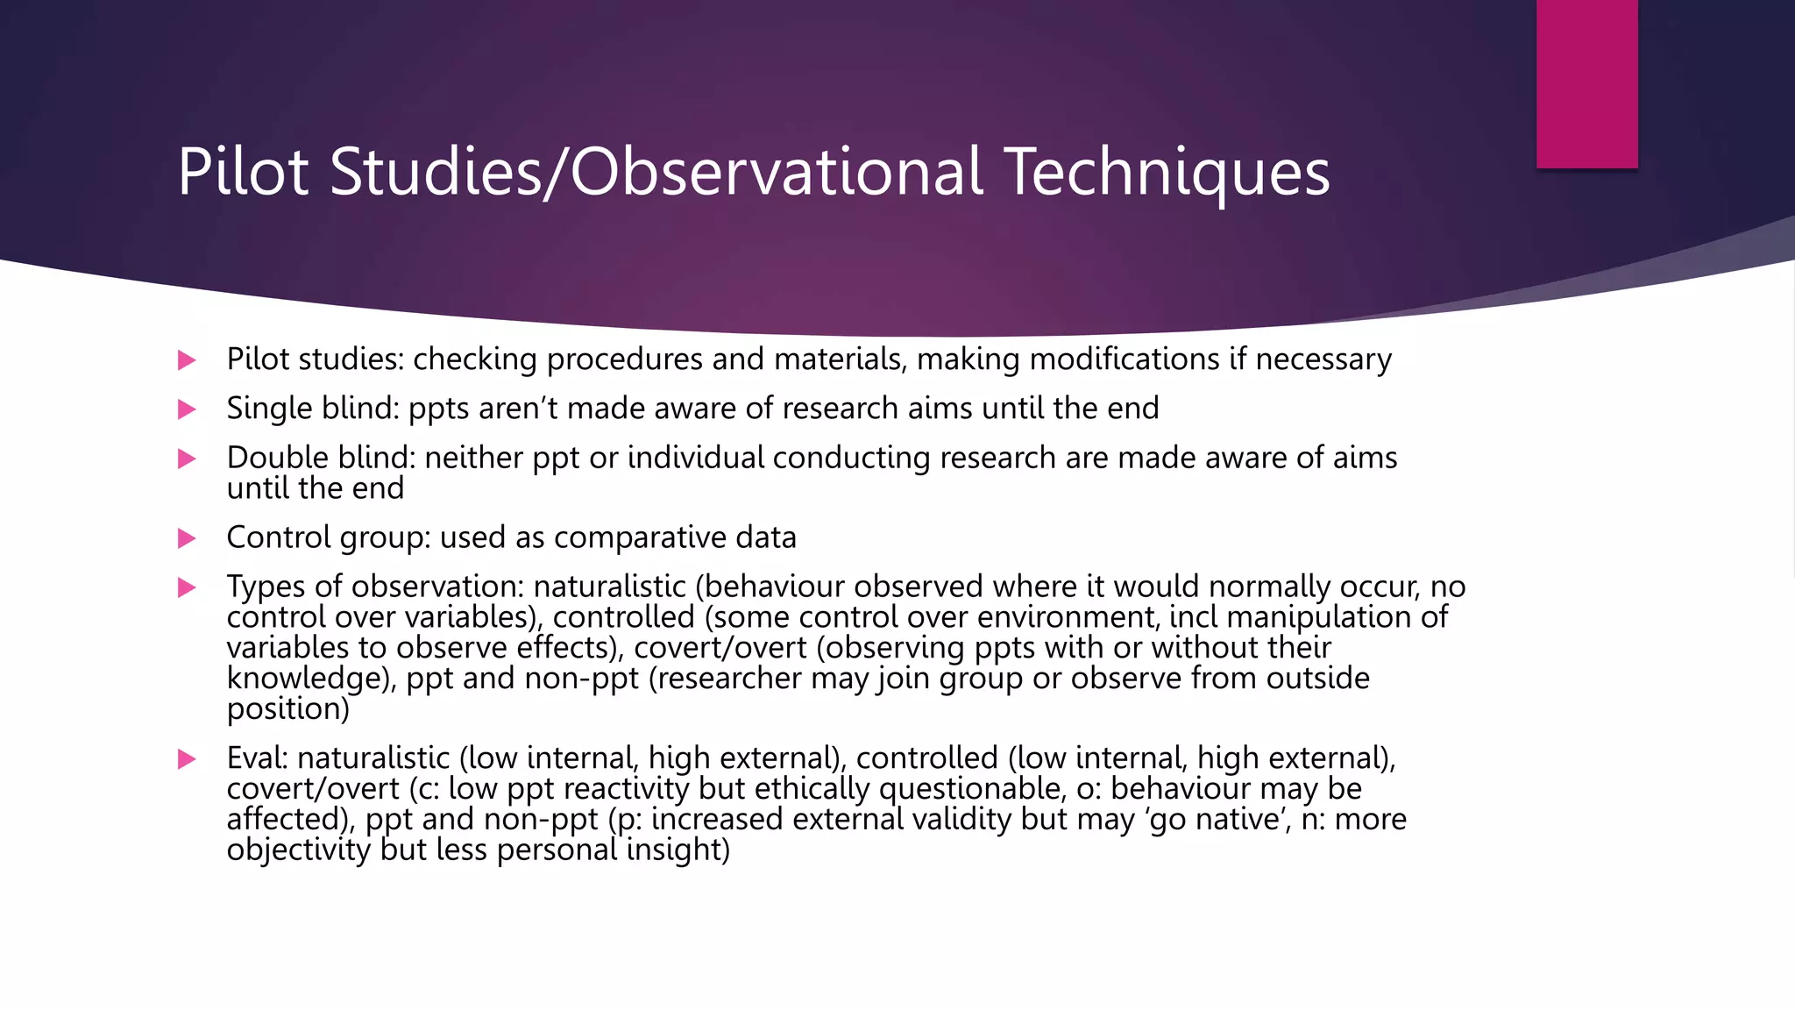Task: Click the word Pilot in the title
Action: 243,172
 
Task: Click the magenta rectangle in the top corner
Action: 1586,83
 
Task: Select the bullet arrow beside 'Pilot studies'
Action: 187,360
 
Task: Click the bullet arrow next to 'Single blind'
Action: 187,409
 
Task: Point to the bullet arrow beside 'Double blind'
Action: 187,459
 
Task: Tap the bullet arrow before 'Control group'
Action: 187,538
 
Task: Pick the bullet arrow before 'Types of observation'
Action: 187,587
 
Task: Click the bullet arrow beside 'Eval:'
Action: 187,759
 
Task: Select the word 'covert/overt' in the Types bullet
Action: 720,648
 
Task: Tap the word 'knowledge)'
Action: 310,679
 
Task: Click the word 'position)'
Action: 287,709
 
